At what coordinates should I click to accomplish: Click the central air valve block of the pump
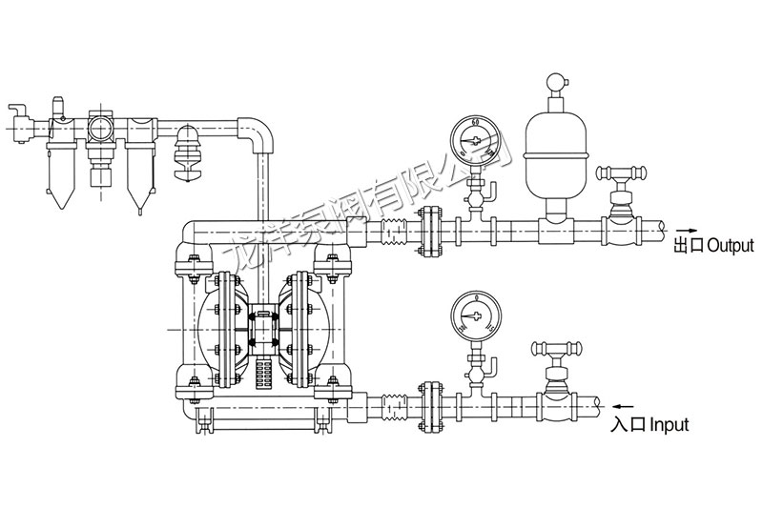262,324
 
